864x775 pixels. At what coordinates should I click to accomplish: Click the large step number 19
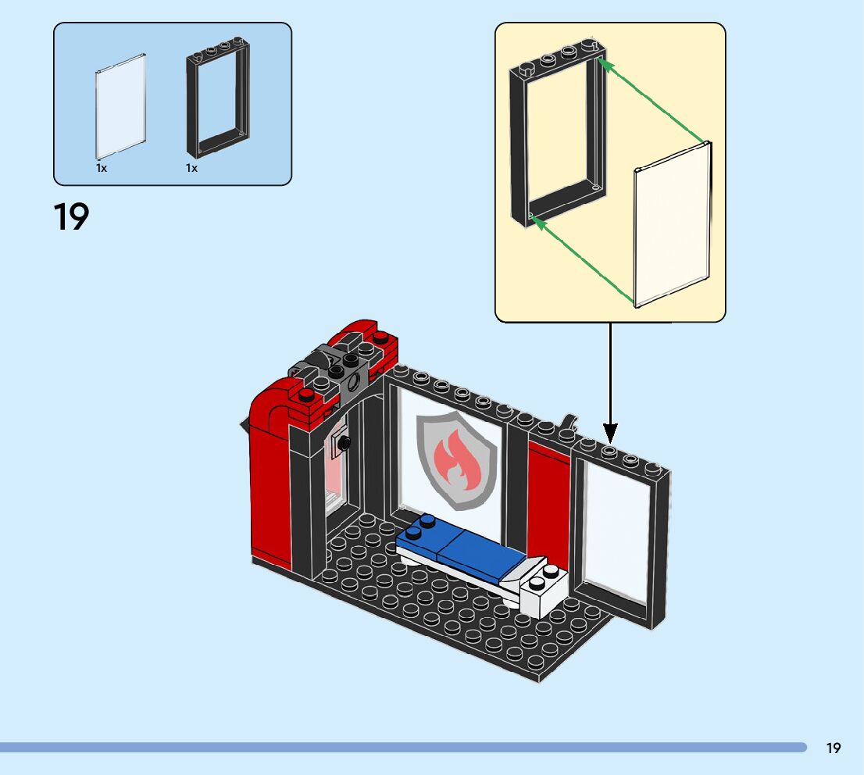(71, 217)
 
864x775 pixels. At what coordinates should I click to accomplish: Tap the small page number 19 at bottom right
(834, 748)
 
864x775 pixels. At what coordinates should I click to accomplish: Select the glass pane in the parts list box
(121, 106)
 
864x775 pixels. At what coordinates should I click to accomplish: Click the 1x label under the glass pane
(102, 168)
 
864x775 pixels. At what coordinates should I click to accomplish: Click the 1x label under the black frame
(191, 168)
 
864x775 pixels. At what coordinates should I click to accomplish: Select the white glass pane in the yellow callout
(672, 227)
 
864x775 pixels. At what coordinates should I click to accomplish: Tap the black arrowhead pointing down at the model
(610, 432)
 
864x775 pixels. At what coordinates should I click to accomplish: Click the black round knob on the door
(343, 443)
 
